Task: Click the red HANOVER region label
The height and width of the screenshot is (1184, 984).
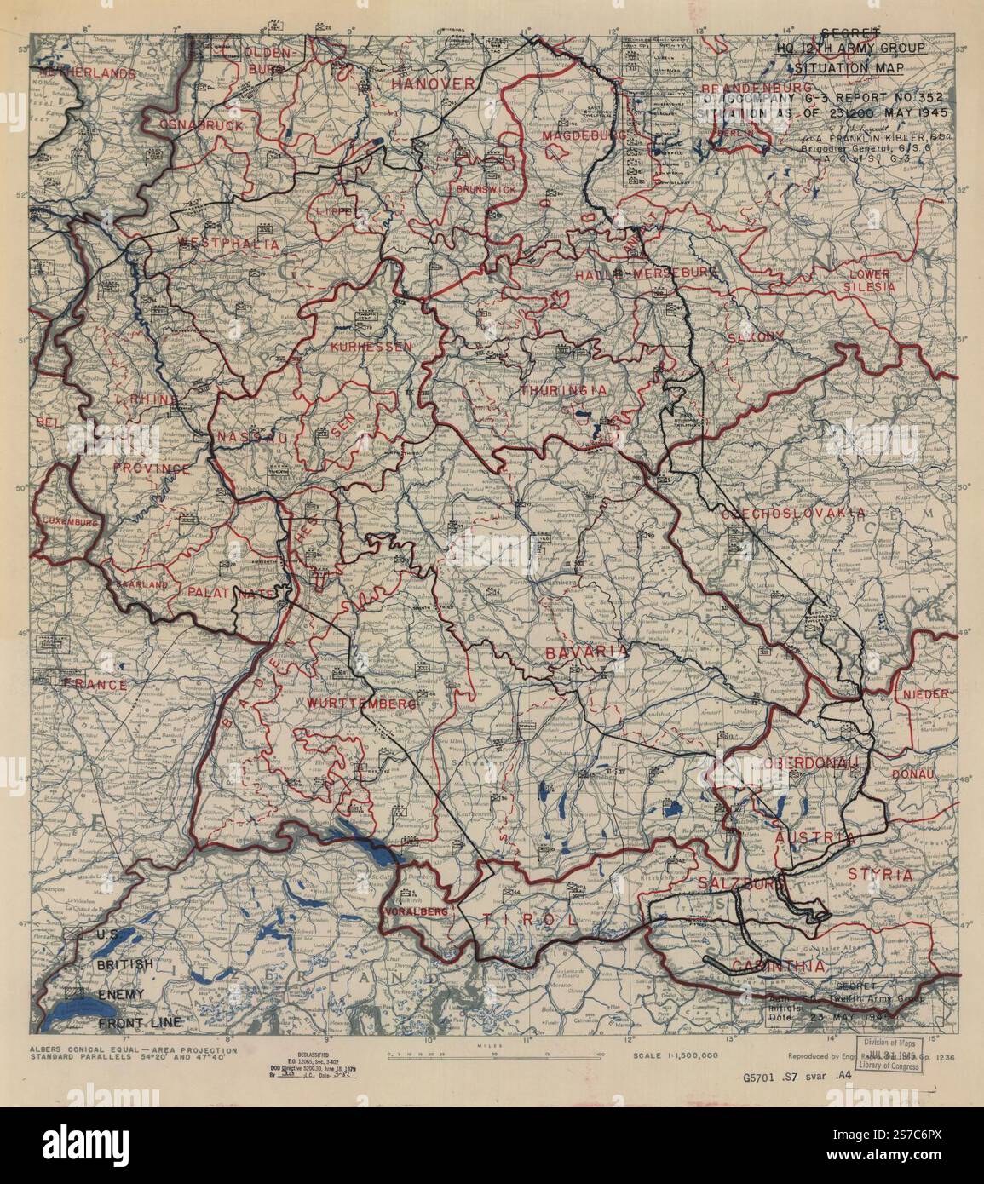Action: click(432, 83)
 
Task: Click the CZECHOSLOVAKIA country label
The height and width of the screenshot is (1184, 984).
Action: click(793, 514)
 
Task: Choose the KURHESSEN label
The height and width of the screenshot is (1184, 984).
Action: click(371, 347)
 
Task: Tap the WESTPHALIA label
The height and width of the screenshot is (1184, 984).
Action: click(228, 244)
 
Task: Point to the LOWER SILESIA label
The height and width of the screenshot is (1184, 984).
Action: click(868, 280)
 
